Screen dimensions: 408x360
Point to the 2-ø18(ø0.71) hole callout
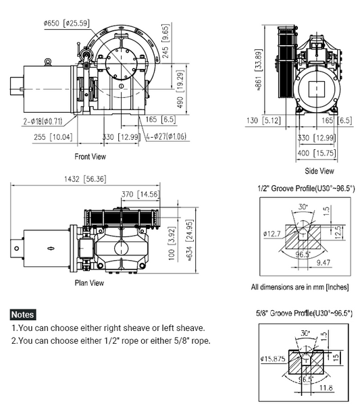[x=43, y=122]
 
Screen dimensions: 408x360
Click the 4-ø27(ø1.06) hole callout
[x=168, y=137]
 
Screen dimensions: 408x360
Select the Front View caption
[x=90, y=157]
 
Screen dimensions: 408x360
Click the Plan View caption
[x=89, y=283]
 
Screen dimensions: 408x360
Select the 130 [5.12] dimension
[x=257, y=121]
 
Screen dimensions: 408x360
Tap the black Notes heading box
[x=23, y=315]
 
